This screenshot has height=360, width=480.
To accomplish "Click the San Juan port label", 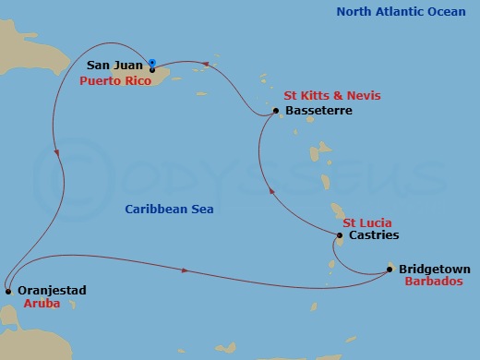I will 114,66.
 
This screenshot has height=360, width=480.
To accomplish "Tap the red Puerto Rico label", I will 115,80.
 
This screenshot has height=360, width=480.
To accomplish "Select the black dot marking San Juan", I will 152,69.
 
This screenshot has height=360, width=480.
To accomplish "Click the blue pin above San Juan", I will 152,63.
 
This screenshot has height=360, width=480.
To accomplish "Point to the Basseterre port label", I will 319,111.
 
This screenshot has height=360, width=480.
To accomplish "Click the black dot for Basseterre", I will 278,113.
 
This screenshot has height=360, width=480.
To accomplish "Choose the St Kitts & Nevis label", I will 331,96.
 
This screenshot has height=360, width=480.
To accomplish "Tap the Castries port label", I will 374,235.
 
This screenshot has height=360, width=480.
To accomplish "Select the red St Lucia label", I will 366,222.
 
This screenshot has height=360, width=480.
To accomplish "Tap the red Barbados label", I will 434,282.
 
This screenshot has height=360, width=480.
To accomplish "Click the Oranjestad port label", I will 53,290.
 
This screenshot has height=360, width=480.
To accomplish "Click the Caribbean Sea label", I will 163,210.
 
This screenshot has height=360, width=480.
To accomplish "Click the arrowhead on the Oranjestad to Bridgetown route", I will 187,270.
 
